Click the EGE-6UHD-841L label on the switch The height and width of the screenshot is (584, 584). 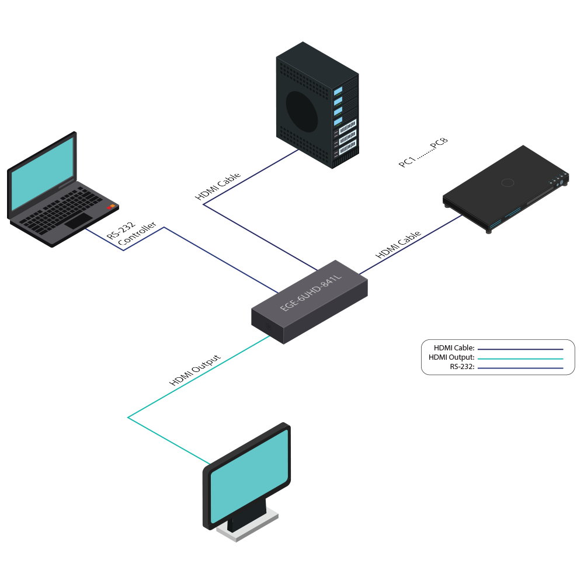pos(310,292)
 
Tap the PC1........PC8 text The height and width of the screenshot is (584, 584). pos(423,153)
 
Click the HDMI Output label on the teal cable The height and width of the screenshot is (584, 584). pos(195,370)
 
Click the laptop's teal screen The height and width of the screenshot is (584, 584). pos(41,176)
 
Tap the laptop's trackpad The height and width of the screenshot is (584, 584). pos(78,221)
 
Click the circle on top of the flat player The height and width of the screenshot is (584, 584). pos(507,183)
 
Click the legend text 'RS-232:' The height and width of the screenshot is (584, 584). pos(462,367)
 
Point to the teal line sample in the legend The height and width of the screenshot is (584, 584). pos(520,358)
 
